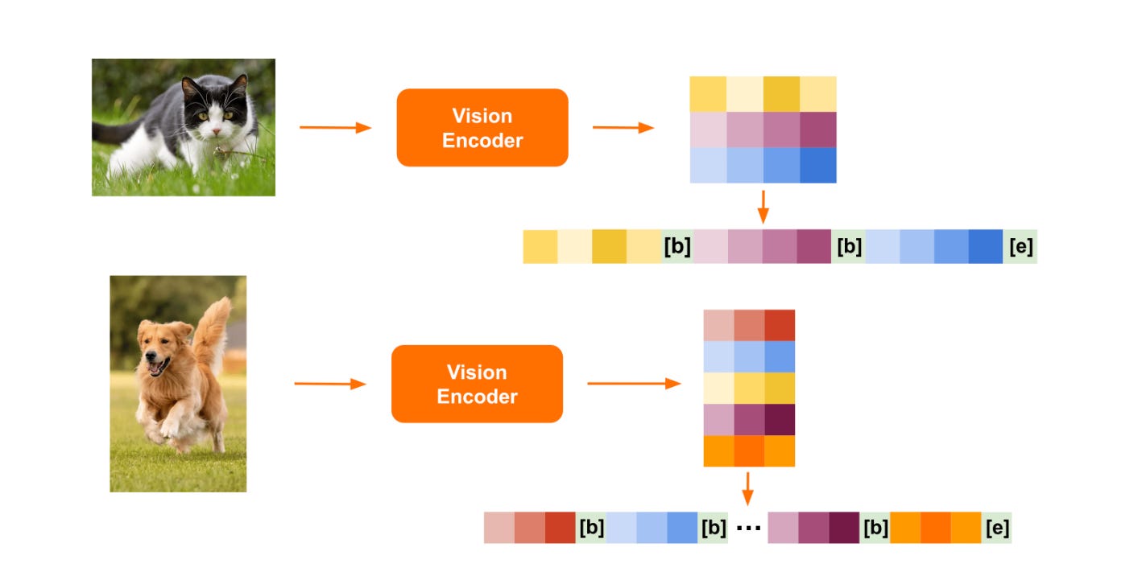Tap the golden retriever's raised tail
tap(211, 326)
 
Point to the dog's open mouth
tap(156, 367)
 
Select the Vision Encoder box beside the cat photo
tap(482, 128)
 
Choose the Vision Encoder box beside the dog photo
tap(477, 384)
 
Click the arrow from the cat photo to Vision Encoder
tap(335, 127)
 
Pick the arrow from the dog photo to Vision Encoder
tap(330, 384)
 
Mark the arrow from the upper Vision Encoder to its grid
tap(623, 127)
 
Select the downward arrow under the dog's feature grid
tap(748, 488)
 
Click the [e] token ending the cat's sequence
tap(1020, 247)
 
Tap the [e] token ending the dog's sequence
tap(995, 528)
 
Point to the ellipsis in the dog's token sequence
tap(748, 528)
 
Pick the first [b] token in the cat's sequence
tap(677, 247)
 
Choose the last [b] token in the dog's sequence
tap(875, 528)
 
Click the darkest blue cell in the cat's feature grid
tap(817, 165)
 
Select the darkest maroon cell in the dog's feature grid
tap(779, 419)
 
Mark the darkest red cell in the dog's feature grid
tap(779, 325)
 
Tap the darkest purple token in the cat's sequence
tap(813, 247)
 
